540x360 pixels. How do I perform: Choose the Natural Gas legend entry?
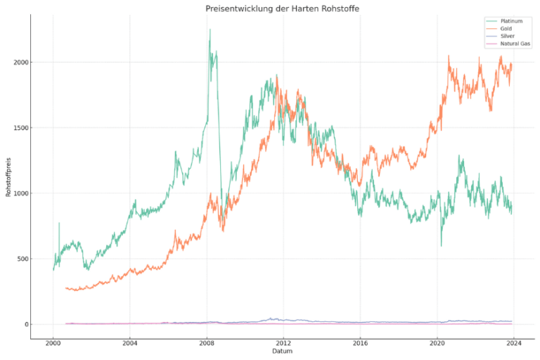(514, 44)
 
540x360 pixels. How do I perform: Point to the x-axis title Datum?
(282, 351)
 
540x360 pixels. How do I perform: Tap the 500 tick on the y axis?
(21, 259)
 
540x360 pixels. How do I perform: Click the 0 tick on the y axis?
(25, 324)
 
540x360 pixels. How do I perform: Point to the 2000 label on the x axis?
(53, 343)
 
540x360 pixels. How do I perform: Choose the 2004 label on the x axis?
(129, 343)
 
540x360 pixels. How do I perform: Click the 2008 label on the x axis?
(207, 343)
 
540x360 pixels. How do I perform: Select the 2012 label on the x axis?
(283, 343)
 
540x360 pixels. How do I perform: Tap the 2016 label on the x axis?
(360, 343)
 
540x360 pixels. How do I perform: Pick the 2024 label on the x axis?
(514, 343)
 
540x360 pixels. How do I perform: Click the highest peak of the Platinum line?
(210, 30)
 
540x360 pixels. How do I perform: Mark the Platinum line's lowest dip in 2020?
(442, 245)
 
